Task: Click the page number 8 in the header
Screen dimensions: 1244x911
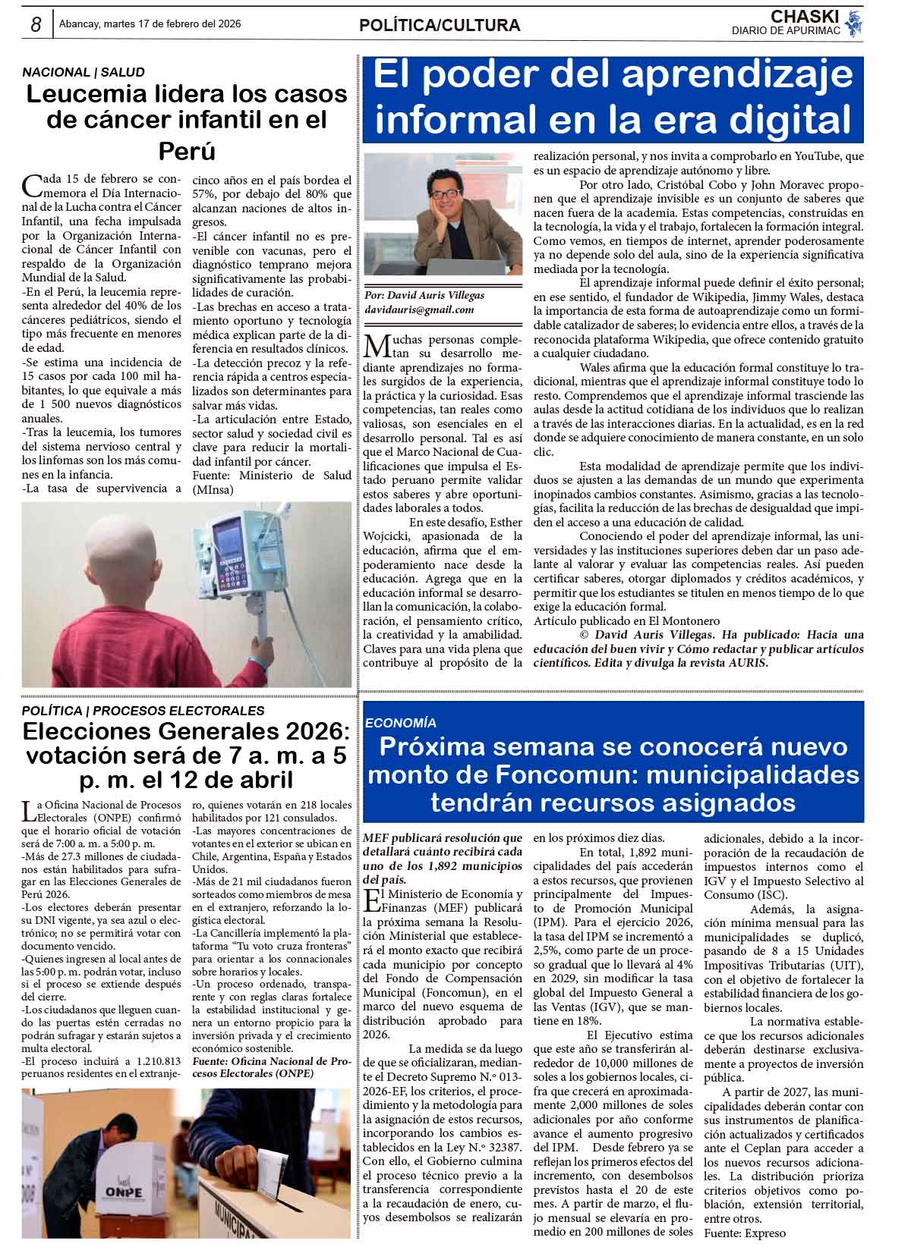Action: tap(35, 24)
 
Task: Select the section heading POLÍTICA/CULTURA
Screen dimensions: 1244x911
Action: tap(440, 26)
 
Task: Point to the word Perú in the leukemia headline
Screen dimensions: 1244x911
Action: tap(187, 150)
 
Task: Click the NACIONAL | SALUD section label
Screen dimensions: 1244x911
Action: tap(83, 72)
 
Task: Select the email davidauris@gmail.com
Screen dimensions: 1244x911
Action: tap(419, 309)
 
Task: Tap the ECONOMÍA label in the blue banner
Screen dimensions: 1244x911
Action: tap(401, 723)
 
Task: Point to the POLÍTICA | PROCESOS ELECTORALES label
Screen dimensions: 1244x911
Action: tap(143, 711)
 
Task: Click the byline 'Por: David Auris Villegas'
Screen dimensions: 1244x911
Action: tap(424, 295)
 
